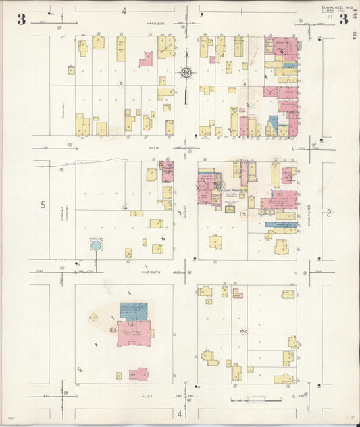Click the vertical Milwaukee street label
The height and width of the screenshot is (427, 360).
click(309, 200)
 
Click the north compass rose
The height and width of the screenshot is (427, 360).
click(186, 72)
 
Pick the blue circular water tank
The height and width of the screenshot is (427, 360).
click(95, 246)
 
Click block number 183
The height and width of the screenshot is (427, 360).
click(112, 330)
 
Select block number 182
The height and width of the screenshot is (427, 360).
click(243, 330)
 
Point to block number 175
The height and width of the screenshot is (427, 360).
click(242, 214)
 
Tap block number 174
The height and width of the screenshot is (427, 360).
click(124, 207)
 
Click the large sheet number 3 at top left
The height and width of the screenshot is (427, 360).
click(22, 19)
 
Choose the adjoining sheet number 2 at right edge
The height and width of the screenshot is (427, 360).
click(330, 214)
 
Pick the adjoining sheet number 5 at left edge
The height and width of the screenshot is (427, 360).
click(42, 205)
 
